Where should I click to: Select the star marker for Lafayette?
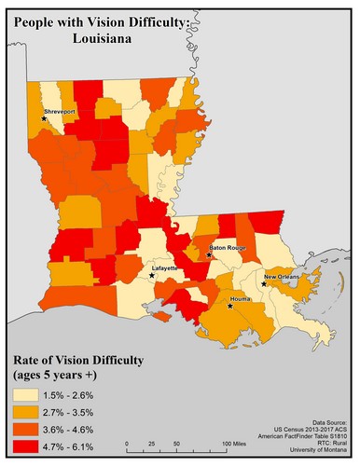(153, 276)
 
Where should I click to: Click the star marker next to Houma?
(230, 305)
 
